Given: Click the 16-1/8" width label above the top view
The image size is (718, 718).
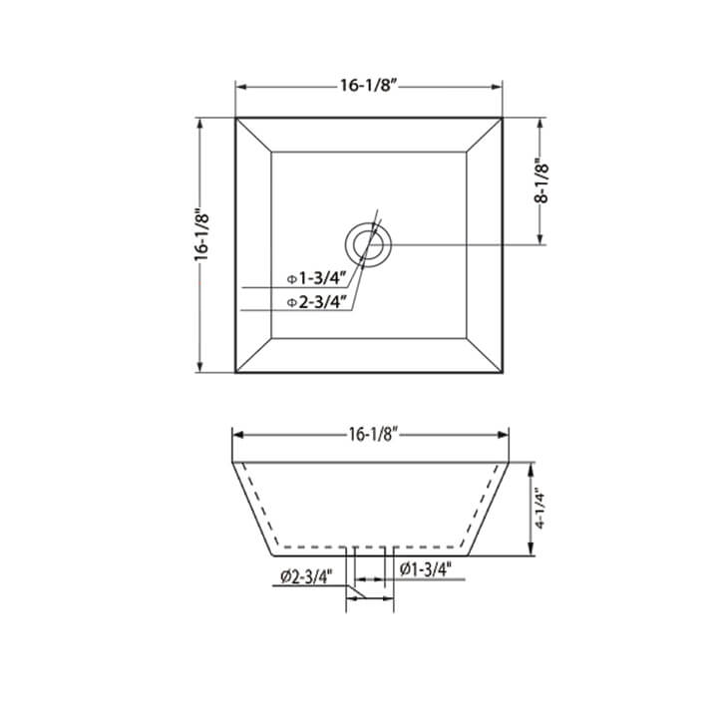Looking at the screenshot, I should pos(369,86).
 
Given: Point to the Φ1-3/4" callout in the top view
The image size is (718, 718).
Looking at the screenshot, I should pos(316,278).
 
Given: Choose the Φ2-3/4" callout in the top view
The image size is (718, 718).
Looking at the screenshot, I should pos(316,301).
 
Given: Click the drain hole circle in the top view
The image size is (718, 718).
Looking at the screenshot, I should pos(369,243).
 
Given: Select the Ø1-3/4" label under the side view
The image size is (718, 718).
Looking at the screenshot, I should pos(426,569).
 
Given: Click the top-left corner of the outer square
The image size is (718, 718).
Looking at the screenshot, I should pos(236,119).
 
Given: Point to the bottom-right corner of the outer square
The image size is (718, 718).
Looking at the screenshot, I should pos(502,373).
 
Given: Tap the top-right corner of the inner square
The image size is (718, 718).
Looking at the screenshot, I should pos(468,152).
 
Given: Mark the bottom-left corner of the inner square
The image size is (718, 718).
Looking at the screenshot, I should pos(271,338).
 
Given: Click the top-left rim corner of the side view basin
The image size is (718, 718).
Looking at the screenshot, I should pos(232,463).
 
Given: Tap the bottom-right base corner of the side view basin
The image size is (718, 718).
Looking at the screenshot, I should pos(469,555).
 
